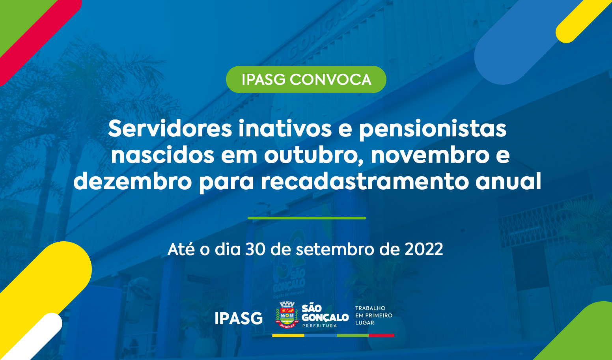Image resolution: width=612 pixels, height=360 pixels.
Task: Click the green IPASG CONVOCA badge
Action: tap(306, 80)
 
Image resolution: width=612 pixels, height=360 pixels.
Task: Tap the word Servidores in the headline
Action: tap(170, 129)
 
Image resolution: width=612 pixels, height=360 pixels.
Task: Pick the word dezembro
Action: tap(132, 181)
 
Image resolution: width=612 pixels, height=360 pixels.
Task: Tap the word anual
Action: tap(508, 181)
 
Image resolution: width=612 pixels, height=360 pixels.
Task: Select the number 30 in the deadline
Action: tap(255, 249)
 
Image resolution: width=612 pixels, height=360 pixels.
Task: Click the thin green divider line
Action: tap(307, 218)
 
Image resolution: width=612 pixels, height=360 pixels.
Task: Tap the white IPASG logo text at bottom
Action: tap(239, 318)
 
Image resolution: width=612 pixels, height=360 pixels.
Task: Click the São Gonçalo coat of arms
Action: tap(287, 314)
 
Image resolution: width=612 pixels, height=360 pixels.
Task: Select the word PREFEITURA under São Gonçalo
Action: tap(319, 326)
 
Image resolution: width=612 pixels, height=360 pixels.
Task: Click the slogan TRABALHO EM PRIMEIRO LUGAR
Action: tap(374, 315)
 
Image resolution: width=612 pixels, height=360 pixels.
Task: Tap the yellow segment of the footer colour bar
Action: tap(288, 336)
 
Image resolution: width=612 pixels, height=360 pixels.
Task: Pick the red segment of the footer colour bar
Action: tap(381, 336)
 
